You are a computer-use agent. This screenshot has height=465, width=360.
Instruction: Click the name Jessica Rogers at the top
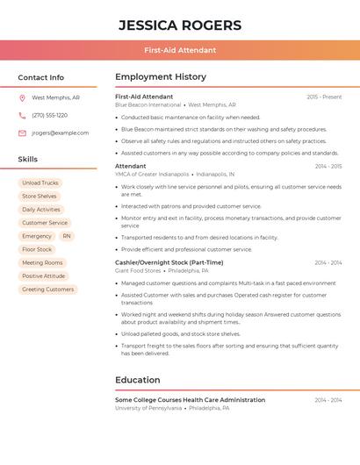179,25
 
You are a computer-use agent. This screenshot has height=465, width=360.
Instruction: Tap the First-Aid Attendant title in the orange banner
179,50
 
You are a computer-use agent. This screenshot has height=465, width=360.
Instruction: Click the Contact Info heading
40,77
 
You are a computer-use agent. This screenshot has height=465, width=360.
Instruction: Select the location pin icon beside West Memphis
22,97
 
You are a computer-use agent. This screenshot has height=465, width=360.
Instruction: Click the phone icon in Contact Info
22,115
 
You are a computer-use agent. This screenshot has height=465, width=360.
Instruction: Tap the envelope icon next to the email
22,133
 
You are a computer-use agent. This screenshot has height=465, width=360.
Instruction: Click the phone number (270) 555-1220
49,115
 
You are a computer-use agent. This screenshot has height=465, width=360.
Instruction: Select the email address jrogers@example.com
60,133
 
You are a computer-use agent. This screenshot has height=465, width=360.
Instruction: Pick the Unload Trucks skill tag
40,183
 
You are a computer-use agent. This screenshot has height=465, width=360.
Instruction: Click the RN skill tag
67,236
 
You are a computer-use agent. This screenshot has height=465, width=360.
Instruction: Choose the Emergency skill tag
37,236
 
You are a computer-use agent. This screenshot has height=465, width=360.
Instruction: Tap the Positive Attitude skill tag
44,276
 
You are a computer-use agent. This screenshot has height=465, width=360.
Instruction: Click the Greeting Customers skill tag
47,290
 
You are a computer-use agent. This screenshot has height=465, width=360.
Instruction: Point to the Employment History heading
161,77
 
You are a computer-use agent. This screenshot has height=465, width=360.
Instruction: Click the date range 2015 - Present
324,97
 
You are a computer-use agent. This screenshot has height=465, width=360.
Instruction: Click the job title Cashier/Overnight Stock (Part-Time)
169,262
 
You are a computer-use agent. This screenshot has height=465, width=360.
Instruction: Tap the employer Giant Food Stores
139,270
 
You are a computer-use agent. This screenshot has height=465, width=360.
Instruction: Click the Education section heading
137,380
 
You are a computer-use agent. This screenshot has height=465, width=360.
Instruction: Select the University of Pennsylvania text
148,408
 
